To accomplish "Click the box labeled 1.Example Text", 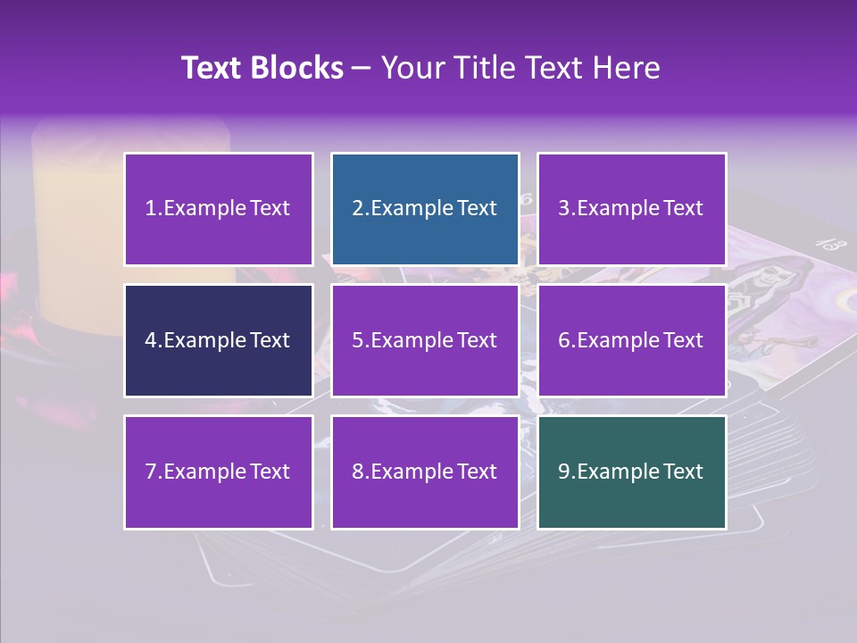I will click(x=219, y=209).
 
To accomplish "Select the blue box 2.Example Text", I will click(x=425, y=209).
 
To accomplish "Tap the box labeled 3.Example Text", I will click(x=631, y=209).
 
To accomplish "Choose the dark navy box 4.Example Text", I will click(x=219, y=340).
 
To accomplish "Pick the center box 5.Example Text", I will click(x=425, y=340).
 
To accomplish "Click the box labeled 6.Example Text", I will click(x=631, y=340).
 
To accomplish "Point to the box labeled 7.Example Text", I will click(x=219, y=472).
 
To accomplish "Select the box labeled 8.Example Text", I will click(x=425, y=472).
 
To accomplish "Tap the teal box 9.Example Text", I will click(x=631, y=472).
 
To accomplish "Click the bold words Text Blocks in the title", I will click(x=262, y=68).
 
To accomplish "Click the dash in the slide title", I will click(x=362, y=68).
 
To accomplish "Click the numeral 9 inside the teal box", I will click(x=564, y=472).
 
